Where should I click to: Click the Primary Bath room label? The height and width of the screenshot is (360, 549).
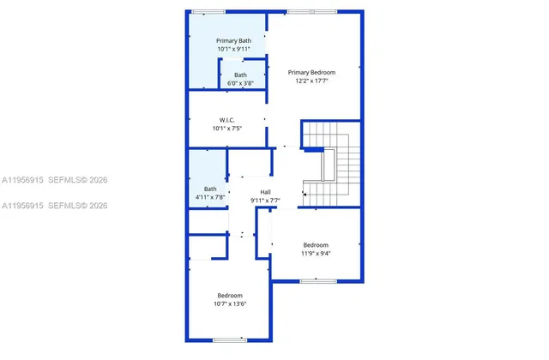233,40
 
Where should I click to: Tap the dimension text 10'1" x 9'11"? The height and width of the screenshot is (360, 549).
233,50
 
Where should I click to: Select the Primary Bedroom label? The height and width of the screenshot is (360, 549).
311,73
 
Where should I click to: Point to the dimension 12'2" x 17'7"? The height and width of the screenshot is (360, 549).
311,82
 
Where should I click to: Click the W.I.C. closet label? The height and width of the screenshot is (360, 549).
227,120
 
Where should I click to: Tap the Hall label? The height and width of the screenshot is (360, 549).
266,192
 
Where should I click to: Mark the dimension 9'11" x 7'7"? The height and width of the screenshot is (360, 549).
266,201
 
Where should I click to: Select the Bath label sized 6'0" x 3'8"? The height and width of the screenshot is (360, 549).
240,75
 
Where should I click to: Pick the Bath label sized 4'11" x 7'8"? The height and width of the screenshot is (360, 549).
210,189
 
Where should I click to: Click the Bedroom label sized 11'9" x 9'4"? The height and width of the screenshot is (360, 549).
315,244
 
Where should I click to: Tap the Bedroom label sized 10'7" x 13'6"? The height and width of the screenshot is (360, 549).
230,295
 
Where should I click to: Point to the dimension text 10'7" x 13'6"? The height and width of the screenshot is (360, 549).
230,304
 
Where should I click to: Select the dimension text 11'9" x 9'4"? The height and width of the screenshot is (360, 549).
315,254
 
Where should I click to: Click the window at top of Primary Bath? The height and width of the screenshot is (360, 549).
208,12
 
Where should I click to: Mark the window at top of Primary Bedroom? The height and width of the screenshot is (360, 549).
299,12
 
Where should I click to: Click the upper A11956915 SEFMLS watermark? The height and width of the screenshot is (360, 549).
53,181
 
